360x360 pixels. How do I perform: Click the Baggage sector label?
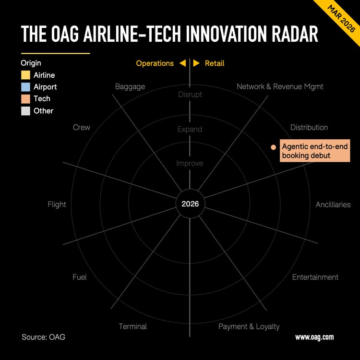pos(130,87)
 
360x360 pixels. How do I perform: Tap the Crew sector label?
pos(81,127)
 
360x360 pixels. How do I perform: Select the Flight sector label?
pos(57,204)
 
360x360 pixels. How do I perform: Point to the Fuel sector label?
pos(79,277)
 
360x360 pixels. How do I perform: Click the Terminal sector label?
pos(132,326)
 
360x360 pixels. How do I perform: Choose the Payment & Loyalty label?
pos(249,326)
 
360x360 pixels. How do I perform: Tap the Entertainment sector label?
pos(315,277)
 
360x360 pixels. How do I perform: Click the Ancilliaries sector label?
pos(333,204)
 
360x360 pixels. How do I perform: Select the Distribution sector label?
pos(309,127)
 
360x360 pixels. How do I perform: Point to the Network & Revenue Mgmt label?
pos(280,87)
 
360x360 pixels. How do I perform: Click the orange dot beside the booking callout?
pos(273,147)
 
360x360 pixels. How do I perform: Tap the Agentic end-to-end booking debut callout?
pos(315,151)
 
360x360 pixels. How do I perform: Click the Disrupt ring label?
pos(190,95)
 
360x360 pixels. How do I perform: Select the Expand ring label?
pos(190,129)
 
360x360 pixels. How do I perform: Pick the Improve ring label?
pos(190,164)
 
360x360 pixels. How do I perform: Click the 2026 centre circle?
pos(190,204)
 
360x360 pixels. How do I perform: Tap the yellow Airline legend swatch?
pos(25,75)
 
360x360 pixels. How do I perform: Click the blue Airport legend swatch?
pos(25,87)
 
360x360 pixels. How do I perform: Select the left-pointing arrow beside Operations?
pos(182,63)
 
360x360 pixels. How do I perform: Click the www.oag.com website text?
pos(314,337)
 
